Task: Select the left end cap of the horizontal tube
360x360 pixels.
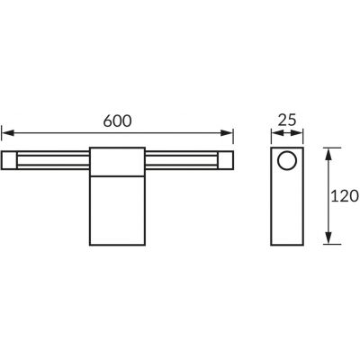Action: click(10, 162)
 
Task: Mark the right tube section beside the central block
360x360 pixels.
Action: click(179, 162)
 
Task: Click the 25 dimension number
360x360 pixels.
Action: click(287, 117)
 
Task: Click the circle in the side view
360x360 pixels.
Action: click(287, 162)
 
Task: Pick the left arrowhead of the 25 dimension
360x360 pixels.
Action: click(273, 132)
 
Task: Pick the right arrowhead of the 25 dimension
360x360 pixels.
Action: click(301, 132)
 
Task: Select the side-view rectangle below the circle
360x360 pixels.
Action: click(287, 211)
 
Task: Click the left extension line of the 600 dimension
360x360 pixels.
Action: click(3, 139)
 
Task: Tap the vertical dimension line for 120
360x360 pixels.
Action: click(330, 195)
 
